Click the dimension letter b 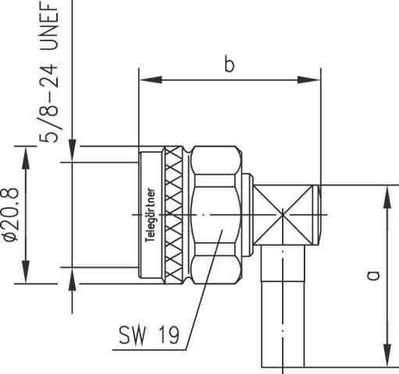tap(229, 65)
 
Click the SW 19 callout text tap(148, 336)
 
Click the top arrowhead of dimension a tap(385, 195)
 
